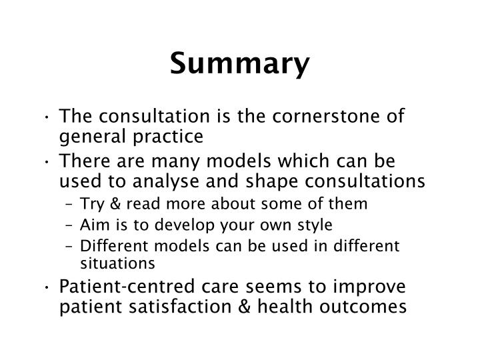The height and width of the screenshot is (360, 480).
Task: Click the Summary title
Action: [239, 64]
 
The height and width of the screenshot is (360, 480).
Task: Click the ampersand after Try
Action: [109, 203]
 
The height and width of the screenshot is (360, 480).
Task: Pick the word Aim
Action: [92, 224]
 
